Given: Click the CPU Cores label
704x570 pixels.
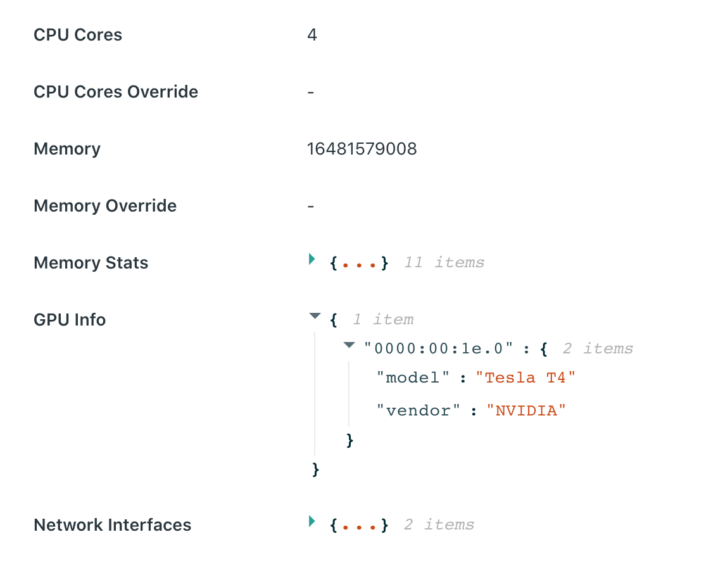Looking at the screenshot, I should (x=78, y=35).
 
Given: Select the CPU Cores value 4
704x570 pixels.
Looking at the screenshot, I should (x=311, y=35).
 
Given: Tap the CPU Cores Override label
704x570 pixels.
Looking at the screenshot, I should (x=116, y=92).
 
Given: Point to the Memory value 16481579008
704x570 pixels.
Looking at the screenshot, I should (x=361, y=149).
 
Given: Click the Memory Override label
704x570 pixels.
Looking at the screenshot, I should (x=105, y=206).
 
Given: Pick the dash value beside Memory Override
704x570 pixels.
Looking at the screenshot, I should (x=311, y=206).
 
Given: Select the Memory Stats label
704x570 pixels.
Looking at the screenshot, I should (x=91, y=263).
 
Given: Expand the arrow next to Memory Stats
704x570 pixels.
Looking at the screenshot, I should (x=311, y=258).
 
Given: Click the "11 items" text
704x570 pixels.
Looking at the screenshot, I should (x=444, y=262).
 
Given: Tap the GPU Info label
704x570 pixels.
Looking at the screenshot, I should (x=70, y=320).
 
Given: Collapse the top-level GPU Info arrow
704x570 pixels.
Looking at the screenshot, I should (x=315, y=316).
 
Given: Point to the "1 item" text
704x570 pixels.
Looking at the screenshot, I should (x=383, y=319).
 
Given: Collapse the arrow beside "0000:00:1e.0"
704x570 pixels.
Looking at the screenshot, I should (x=348, y=345).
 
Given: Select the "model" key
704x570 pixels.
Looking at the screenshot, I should (x=413, y=377).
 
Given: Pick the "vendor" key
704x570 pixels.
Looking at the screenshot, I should (x=418, y=410).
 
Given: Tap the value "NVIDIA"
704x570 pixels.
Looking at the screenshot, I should (x=525, y=410).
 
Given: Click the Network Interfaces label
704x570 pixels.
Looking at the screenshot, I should (x=112, y=525).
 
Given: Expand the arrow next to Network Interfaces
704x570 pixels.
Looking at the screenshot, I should (x=311, y=521).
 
